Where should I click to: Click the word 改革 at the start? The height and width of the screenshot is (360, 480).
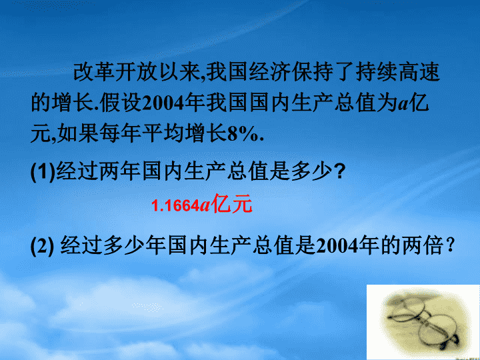coord(94,72)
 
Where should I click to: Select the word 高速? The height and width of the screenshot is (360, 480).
coord(419,72)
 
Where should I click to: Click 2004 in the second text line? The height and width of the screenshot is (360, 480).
coord(163,103)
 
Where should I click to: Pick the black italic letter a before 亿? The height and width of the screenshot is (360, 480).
coord(403,105)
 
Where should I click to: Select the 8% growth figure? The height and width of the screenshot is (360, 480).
coord(243,134)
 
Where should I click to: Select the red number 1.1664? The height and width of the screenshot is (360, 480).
coord(176,206)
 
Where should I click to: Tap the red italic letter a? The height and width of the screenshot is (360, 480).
coord(205,207)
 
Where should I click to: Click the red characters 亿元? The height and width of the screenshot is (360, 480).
coord(232,204)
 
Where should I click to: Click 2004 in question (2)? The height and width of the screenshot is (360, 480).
coord(337,246)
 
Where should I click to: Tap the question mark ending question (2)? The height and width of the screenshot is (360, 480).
coord(449,245)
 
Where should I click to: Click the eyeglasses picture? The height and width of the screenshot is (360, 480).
coord(423,322)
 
